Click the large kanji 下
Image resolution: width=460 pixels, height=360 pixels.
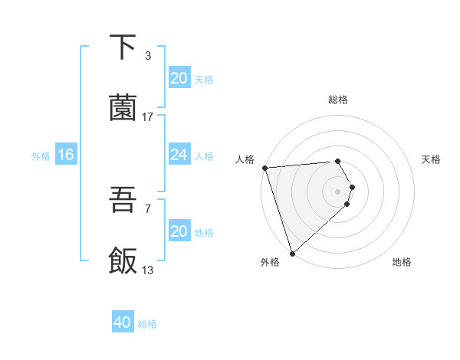tap(123, 47)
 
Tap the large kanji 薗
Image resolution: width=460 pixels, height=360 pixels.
tap(123, 109)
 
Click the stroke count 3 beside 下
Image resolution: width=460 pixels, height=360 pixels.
tap(147, 56)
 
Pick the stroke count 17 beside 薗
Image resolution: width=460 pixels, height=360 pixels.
tap(148, 117)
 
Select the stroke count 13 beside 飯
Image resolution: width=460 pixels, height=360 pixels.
tap(148, 270)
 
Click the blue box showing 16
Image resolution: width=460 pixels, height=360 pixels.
tap(65, 155)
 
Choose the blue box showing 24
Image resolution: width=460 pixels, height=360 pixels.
tap(179, 155)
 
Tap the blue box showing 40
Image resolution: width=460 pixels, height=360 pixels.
tap(123, 322)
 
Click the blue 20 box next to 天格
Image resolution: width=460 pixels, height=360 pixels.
tap(179, 78)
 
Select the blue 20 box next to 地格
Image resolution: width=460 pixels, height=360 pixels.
tap(179, 231)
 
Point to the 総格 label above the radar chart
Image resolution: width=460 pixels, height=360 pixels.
tap(338, 100)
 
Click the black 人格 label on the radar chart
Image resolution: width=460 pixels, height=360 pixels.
tap(245, 159)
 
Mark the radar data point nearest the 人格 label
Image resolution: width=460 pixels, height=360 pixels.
tap(264, 168)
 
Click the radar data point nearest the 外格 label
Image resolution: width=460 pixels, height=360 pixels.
tap(292, 253)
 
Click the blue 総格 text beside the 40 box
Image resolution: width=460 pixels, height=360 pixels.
tap(147, 324)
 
